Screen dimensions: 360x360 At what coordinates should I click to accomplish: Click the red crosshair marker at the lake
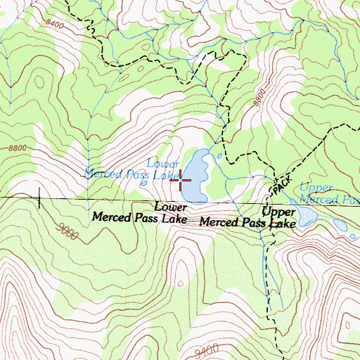181,181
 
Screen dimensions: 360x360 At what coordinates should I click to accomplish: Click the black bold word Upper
278,211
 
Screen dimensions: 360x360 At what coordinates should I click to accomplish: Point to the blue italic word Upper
314,188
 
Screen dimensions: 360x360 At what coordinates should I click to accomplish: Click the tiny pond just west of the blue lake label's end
144,184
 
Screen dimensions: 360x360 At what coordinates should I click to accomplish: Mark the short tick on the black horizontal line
40,202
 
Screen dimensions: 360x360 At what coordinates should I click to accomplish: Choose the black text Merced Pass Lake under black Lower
139,219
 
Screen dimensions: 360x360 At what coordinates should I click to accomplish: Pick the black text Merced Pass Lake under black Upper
247,224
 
